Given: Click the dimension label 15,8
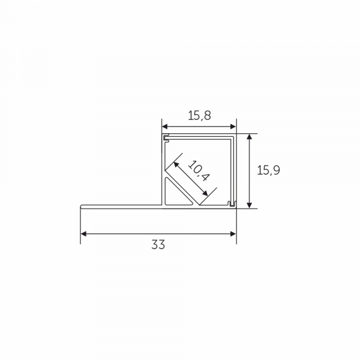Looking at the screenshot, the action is point(199,116).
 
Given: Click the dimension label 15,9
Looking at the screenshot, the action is point(268,170).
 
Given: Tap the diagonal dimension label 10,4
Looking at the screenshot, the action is point(199,171).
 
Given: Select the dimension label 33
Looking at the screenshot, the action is point(158,245).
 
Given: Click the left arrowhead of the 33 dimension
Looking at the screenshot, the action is point(83,234).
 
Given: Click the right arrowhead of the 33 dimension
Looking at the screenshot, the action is point(233,234).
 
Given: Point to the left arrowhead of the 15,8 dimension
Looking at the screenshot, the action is point(165,127).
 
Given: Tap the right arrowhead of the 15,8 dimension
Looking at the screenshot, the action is point(233,127).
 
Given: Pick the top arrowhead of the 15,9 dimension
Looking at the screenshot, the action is point(250,137).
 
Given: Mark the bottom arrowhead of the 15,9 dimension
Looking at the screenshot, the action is point(250,205).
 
